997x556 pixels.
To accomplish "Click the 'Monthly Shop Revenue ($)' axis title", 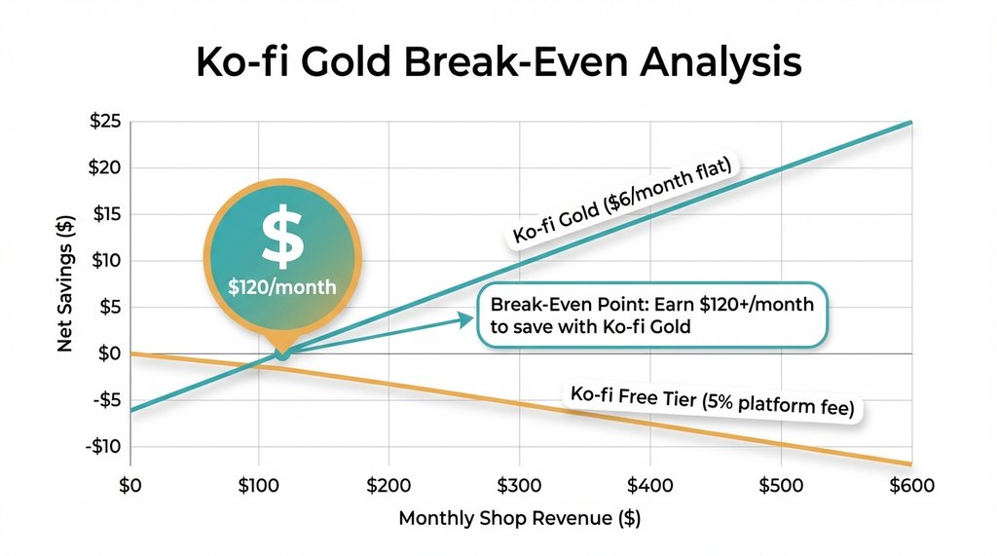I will pos(519,518).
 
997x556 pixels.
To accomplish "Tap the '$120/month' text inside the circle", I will pos(281,289).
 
